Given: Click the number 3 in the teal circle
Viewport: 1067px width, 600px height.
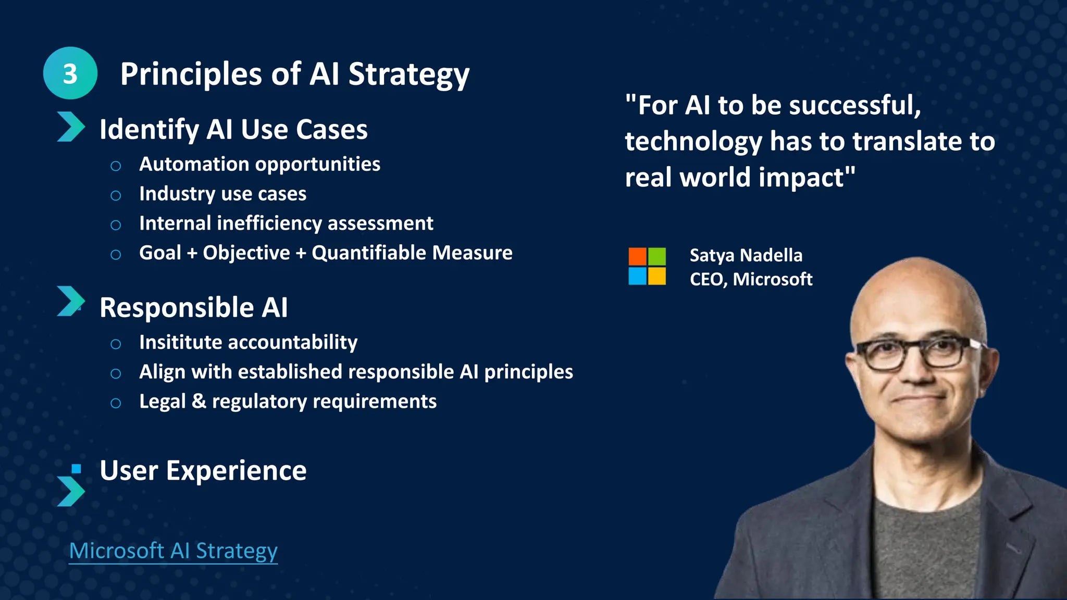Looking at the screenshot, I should [70, 74].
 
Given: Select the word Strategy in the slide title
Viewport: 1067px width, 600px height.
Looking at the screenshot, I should [408, 74].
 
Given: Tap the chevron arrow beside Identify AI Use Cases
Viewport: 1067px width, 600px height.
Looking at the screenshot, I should [70, 127].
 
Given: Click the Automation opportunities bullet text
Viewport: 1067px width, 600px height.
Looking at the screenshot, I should [259, 165].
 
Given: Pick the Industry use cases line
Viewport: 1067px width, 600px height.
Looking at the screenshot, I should [222, 194].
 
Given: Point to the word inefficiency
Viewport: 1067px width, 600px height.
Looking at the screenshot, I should [269, 223].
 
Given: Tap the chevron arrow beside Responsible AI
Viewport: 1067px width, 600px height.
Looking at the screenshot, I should [70, 301].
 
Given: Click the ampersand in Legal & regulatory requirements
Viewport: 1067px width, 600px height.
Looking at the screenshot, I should [198, 402].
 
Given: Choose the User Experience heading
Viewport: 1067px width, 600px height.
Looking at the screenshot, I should [203, 471].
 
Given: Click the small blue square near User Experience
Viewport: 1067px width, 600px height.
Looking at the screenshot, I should [77, 469].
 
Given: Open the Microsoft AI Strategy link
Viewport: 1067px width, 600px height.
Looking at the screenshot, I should [173, 551].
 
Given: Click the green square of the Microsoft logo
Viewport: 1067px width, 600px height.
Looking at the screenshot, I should [656, 257].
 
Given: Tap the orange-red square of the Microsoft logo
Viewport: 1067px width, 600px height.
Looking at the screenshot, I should [637, 257].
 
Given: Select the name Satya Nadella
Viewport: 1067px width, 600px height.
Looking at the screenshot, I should [746, 256].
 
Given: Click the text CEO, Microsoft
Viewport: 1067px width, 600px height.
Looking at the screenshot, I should [751, 280].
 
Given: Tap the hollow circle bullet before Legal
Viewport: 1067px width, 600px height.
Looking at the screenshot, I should [116, 403].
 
